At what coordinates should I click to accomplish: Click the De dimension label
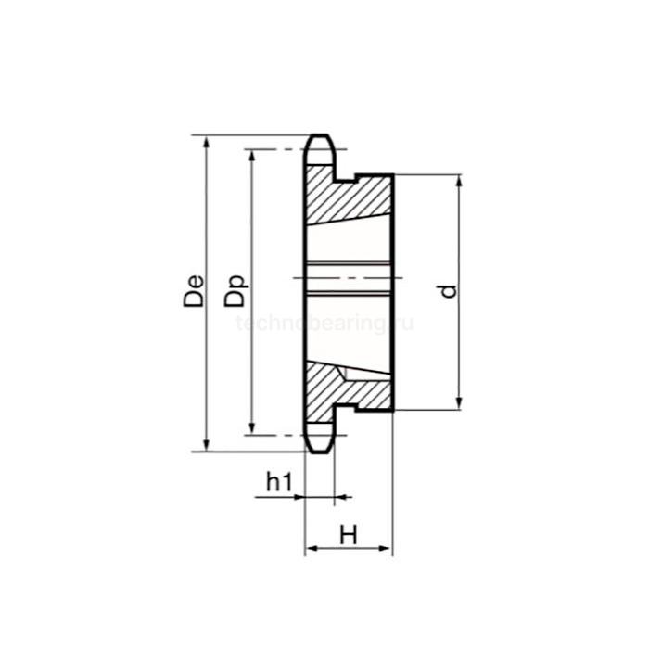194,291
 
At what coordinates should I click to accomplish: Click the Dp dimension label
235,290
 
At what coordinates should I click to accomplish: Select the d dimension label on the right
448,291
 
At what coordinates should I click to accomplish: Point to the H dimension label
348,535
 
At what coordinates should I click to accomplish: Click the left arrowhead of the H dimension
312,549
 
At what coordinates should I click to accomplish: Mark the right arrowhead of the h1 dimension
340,498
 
